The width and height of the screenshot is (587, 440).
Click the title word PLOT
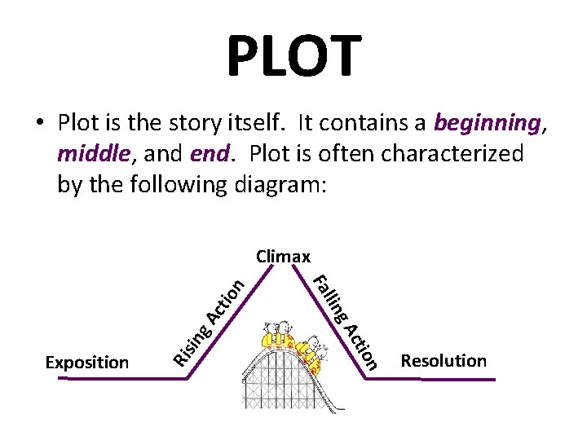click(293, 56)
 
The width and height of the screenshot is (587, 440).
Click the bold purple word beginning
click(487, 123)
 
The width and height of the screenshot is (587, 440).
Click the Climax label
click(283, 257)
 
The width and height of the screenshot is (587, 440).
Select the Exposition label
click(87, 363)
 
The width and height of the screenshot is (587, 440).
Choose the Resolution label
click(444, 361)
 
